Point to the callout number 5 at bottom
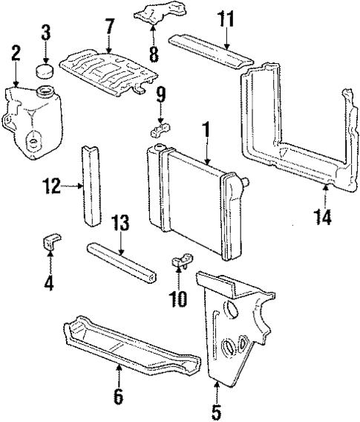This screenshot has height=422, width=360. tap(217, 409)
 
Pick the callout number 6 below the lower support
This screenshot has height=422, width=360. tap(117, 397)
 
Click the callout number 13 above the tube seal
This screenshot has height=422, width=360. tap(120, 221)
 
